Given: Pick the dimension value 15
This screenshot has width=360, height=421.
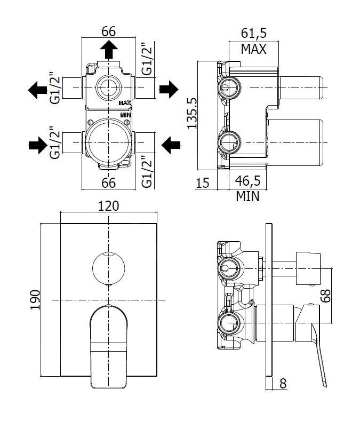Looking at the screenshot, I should [202, 183].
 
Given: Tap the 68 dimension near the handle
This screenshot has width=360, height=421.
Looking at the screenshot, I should [341, 296].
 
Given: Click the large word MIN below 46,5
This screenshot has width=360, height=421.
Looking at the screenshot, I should [247, 197].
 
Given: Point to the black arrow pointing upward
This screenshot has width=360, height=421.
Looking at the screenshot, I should [109, 50].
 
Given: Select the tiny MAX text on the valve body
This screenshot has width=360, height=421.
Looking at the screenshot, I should [125, 102].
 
